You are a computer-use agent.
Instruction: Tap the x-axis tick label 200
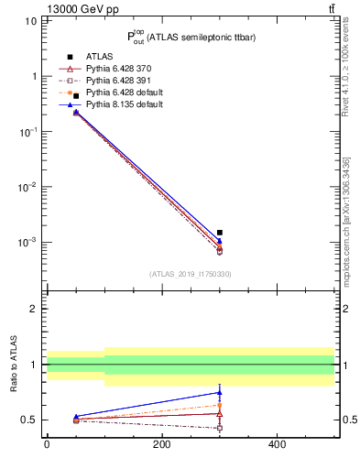coord(162,445)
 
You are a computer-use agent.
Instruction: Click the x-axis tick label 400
coord(277,445)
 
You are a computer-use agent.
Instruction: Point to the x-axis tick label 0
coord(47,445)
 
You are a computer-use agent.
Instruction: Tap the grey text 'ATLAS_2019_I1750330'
coord(191,274)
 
